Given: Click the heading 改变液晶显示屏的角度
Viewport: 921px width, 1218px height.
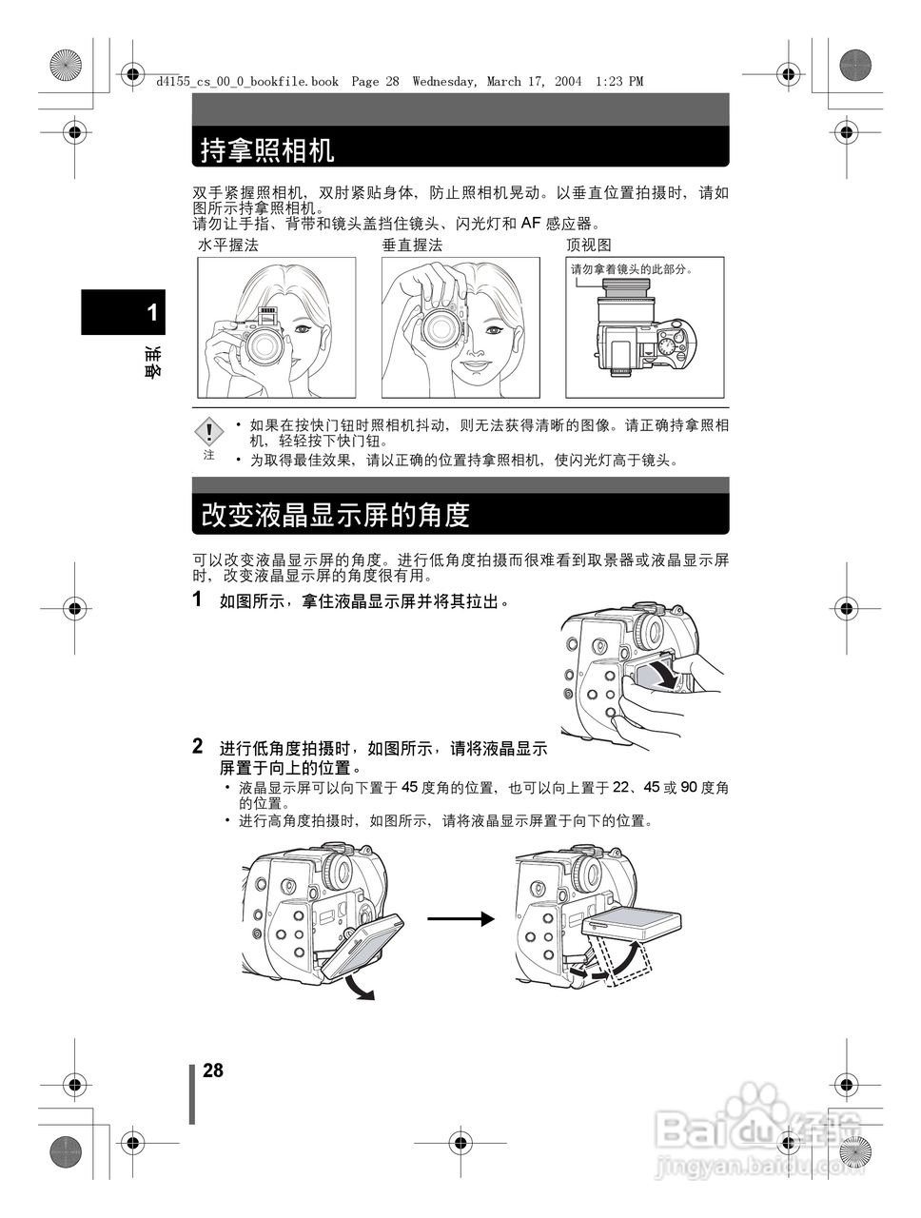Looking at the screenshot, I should click(335, 515).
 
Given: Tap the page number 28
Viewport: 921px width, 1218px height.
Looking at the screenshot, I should click(213, 1071).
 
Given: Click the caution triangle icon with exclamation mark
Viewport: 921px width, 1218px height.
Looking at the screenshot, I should click(208, 433).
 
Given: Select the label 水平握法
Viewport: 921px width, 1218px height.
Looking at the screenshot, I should click(227, 246).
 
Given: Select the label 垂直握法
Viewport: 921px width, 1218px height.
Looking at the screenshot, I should click(412, 246).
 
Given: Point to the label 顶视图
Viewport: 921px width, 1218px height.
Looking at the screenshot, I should click(588, 246).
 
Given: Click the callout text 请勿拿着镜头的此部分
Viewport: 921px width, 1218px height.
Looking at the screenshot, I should click(631, 269).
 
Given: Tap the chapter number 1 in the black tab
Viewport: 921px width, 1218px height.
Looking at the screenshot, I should click(152, 313).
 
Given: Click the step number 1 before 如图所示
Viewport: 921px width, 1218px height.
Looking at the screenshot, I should click(198, 599).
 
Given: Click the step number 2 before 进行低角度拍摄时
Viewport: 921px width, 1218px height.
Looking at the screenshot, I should click(198, 745).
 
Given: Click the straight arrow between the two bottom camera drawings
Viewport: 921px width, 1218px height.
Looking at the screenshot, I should click(461, 918).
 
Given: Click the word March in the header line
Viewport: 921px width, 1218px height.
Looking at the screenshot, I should click(503, 82).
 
